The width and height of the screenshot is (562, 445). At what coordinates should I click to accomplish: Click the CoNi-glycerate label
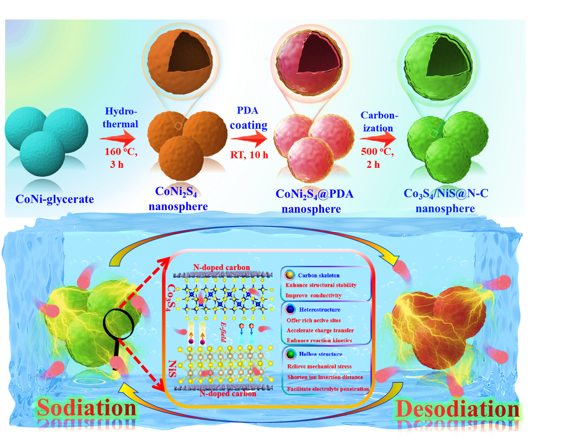pyautogui.click(x=55, y=199)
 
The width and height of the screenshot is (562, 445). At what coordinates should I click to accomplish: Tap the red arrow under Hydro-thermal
pyautogui.click(x=118, y=139)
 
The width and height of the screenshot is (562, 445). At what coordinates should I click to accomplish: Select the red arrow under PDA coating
pyautogui.click(x=248, y=139)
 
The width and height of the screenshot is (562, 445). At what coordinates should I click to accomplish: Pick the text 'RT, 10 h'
pyautogui.click(x=249, y=155)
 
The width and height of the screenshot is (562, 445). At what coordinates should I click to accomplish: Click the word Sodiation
pyautogui.click(x=86, y=408)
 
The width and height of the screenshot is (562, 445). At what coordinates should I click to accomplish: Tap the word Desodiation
pyautogui.click(x=457, y=409)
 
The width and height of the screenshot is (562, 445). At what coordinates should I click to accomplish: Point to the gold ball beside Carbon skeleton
pyautogui.click(x=290, y=275)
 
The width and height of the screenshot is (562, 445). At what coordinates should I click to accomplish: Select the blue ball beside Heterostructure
pyautogui.click(x=291, y=309)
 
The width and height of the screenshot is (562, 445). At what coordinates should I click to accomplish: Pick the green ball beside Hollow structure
pyautogui.click(x=291, y=354)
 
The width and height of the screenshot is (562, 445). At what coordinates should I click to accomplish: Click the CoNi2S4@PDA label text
pyautogui.click(x=314, y=194)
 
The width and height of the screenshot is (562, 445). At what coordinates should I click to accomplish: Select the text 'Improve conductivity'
pyautogui.click(x=313, y=296)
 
